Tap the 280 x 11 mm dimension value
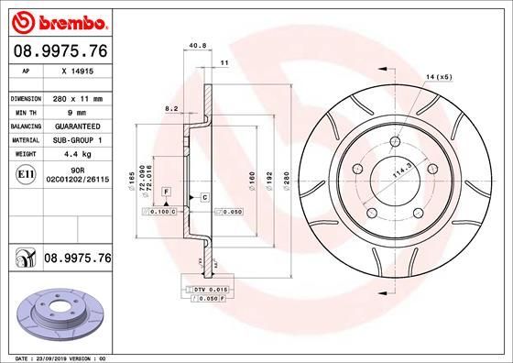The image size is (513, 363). tap(77, 98)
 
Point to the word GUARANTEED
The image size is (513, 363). tap(77, 126)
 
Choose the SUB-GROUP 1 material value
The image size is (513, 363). tap(77, 140)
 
